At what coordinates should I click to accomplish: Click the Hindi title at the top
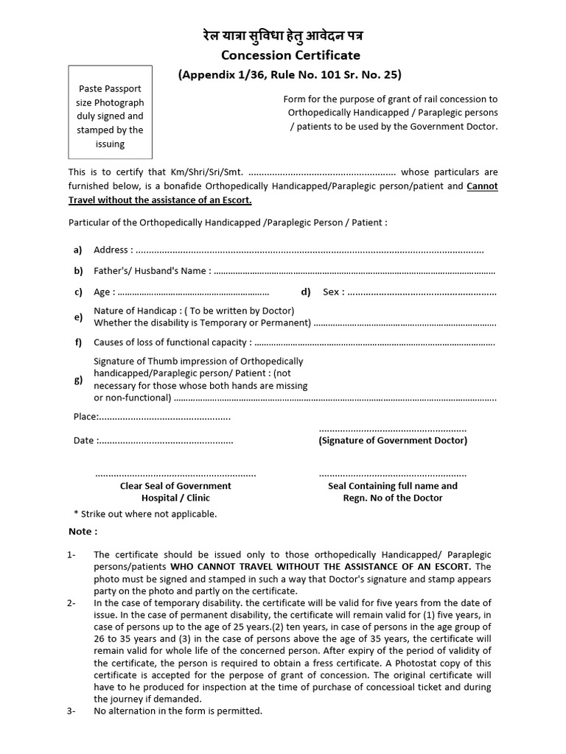pyautogui.click(x=283, y=35)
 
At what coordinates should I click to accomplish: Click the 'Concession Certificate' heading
pyautogui.click(x=284, y=55)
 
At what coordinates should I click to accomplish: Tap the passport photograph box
pyautogui.click(x=111, y=112)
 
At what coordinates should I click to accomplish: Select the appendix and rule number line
pyautogui.click(x=290, y=74)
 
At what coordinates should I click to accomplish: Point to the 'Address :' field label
pyautogui.click(x=113, y=250)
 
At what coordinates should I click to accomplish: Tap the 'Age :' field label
pyautogui.click(x=104, y=292)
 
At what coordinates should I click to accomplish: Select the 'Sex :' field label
pyautogui.click(x=333, y=292)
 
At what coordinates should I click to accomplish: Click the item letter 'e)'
pyautogui.click(x=78, y=317)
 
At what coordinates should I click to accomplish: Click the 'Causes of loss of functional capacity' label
pyautogui.click(x=172, y=342)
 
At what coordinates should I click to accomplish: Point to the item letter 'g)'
pyautogui.click(x=78, y=380)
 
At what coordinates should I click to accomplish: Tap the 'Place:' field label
pyautogui.click(x=85, y=417)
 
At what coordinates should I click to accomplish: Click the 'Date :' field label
pyautogui.click(x=84, y=440)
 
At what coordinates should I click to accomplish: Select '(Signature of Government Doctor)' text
pyautogui.click(x=392, y=440)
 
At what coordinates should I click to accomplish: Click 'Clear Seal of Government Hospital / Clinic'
pyautogui.click(x=175, y=492)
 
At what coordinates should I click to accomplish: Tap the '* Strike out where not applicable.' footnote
pyautogui.click(x=145, y=514)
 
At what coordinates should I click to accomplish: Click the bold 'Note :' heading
pyautogui.click(x=83, y=532)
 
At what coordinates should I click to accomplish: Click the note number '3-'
pyautogui.click(x=71, y=711)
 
